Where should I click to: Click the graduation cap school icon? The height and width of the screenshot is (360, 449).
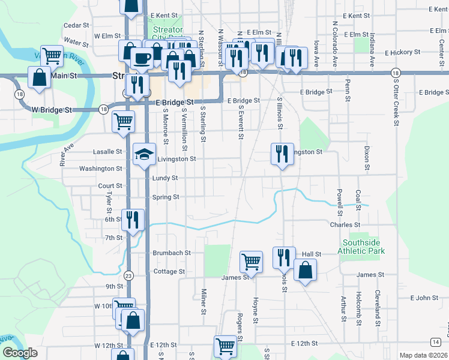pos(144,155)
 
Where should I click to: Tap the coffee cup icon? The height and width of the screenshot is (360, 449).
pos(142,58)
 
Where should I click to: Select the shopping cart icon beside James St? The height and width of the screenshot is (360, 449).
pos(251,261)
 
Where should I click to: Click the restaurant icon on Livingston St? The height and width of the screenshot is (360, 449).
pos(282,154)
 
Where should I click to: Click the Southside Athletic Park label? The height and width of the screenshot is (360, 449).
pos(363,247)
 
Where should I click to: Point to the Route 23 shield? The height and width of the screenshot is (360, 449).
pos(128,275)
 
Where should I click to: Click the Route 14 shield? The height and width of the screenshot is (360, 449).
pos(434,341)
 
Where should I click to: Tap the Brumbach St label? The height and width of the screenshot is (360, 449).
pos(171,253)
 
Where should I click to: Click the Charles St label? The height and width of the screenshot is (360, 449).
pos(344,224)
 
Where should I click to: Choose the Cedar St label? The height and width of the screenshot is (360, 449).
pos(76,26)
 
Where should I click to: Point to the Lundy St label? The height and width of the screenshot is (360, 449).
pos(165,178)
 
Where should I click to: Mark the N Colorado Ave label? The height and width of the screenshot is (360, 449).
pos(334,37)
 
